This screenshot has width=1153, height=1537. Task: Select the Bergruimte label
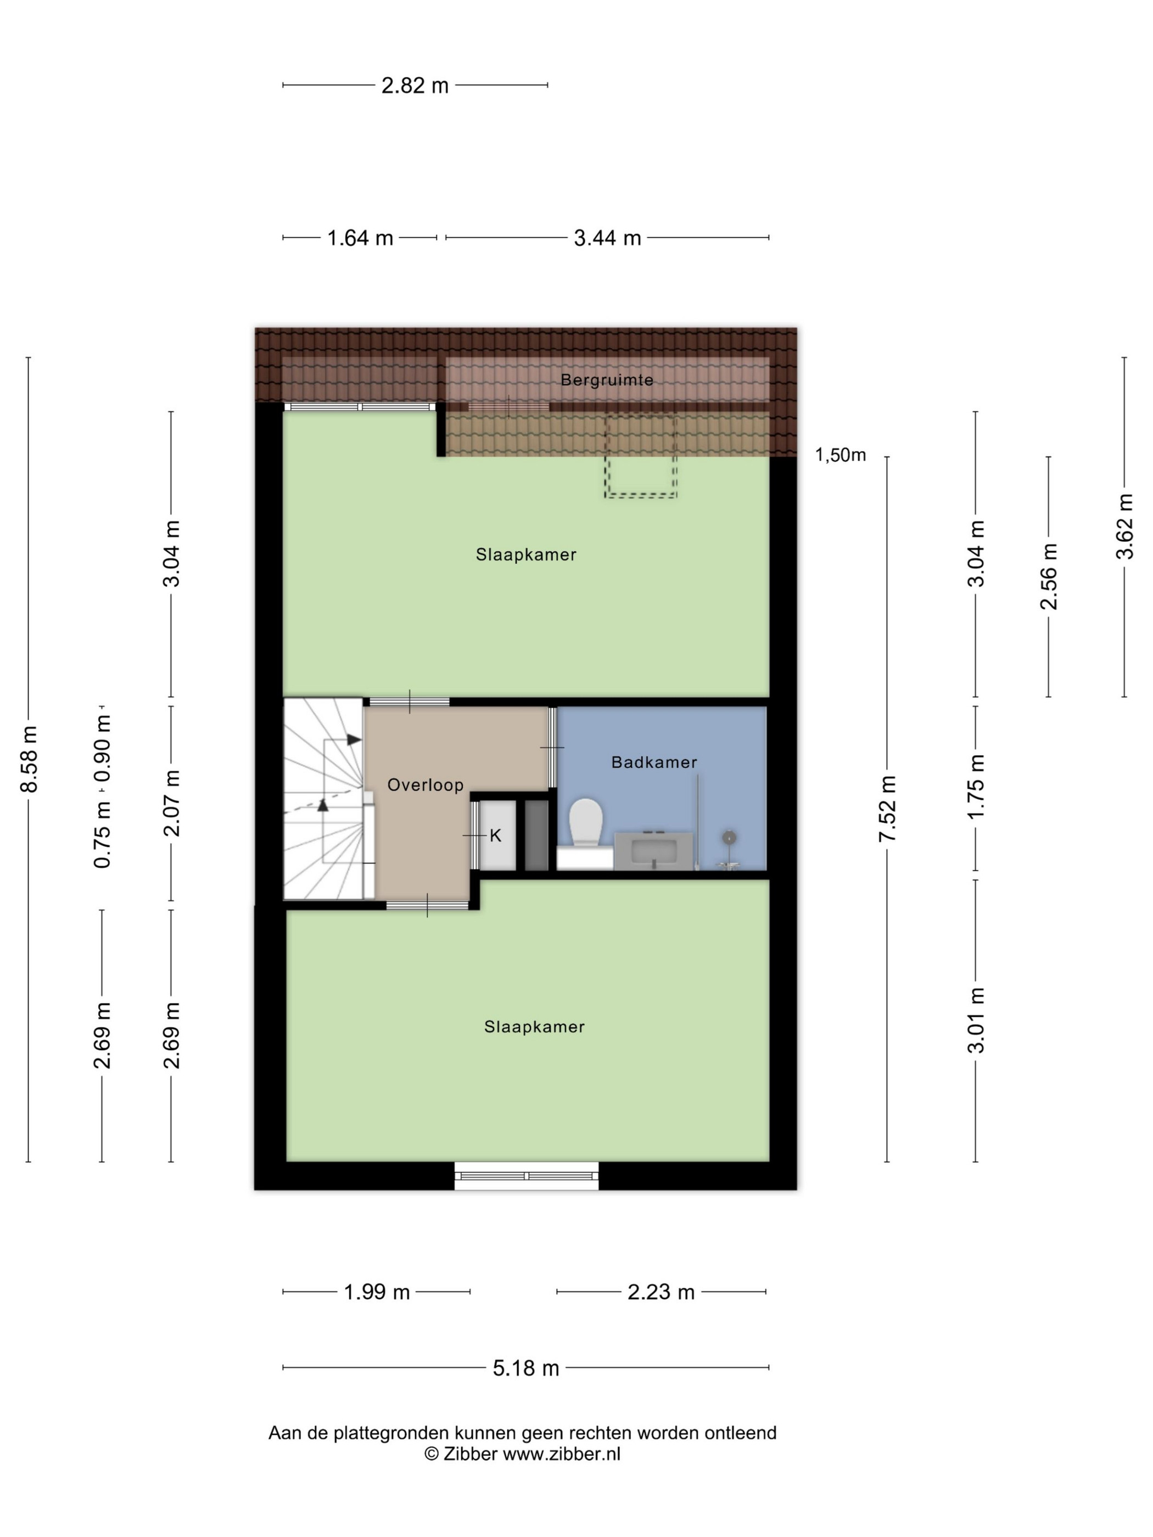click(x=607, y=380)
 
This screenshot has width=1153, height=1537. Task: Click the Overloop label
click(x=426, y=785)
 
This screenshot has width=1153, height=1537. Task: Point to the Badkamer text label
click(x=654, y=762)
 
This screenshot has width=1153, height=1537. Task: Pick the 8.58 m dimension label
click(x=29, y=758)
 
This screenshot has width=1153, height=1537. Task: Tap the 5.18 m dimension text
click(x=526, y=1368)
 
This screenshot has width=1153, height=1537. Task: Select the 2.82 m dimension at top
click(x=415, y=86)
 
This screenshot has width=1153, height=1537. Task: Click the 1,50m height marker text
click(x=840, y=455)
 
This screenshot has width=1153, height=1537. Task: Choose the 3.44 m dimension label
click(x=607, y=238)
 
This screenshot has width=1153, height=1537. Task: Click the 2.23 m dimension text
click(x=661, y=1292)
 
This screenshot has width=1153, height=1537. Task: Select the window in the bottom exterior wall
click(x=526, y=1176)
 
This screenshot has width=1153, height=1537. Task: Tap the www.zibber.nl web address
click(x=562, y=1454)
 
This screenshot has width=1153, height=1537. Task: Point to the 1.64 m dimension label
click(x=360, y=238)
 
